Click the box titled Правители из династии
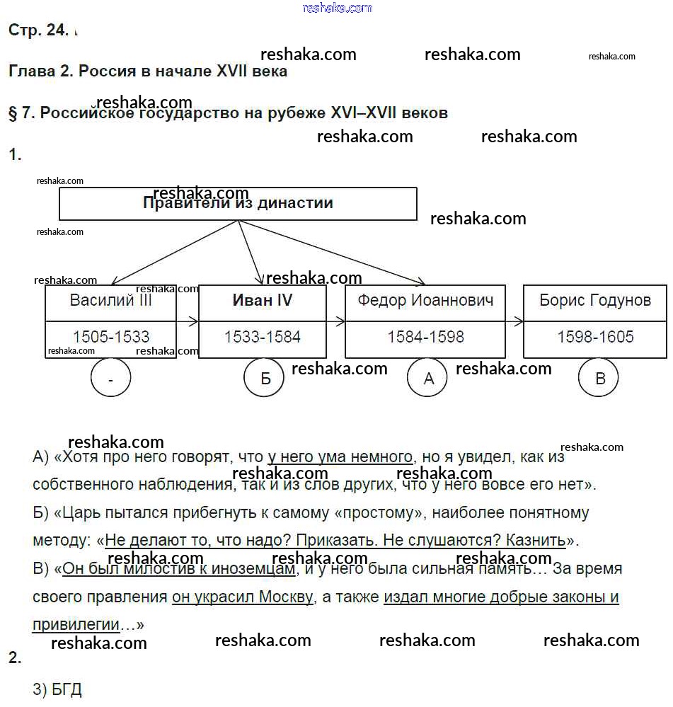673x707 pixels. (238, 204)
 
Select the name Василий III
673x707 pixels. (111, 300)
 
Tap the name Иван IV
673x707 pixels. (263, 300)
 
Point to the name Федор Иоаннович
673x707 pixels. (425, 300)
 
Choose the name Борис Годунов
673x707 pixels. (595, 300)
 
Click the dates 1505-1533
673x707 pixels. (111, 337)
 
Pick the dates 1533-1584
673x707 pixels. (263, 337)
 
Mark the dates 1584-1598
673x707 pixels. (425, 337)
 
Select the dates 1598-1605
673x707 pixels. (595, 337)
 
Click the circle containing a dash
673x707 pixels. (111, 379)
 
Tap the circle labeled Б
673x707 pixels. (265, 379)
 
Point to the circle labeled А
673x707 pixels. (428, 379)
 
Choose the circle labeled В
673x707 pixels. (600, 379)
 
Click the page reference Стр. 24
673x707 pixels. (38, 30)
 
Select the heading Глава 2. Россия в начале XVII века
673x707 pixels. (148, 71)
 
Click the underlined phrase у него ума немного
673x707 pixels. (340, 457)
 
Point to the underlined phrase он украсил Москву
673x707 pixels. (243, 597)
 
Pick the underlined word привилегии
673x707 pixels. (76, 625)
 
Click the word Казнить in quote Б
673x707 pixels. (536, 541)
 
